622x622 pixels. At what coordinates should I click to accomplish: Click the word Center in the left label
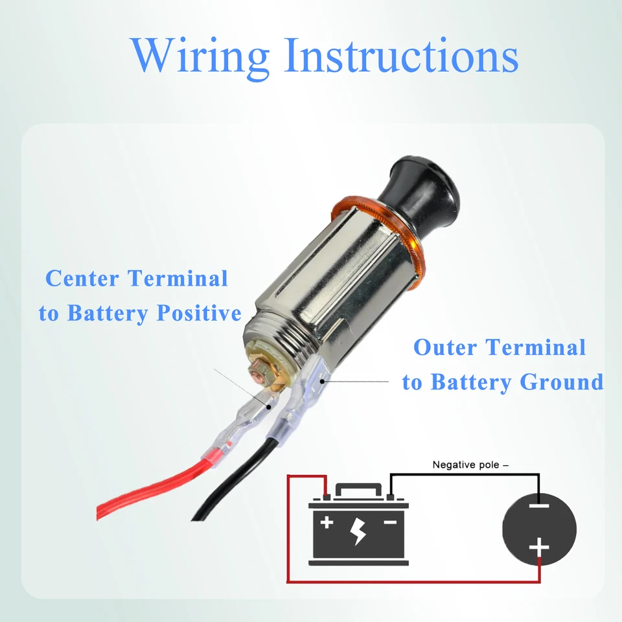pyautogui.click(x=82, y=278)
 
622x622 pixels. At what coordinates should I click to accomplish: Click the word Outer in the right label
pyautogui.click(x=446, y=347)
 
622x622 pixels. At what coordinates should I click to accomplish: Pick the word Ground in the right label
pyautogui.click(x=562, y=382)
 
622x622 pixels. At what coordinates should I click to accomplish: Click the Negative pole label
pyautogui.click(x=470, y=465)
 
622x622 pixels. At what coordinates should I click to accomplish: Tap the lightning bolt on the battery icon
pyautogui.click(x=358, y=531)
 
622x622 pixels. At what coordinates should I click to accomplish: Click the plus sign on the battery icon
pyautogui.click(x=327, y=522)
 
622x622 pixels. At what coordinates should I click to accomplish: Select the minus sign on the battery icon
pyautogui.click(x=390, y=522)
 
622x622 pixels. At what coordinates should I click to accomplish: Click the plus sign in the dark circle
pyautogui.click(x=539, y=547)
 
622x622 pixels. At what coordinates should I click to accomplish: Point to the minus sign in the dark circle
pyautogui.click(x=539, y=506)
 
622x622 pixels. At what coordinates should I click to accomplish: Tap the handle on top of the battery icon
pyautogui.click(x=358, y=489)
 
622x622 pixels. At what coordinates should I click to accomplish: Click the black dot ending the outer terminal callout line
pyautogui.click(x=323, y=382)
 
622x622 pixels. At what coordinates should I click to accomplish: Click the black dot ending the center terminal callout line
pyautogui.click(x=268, y=407)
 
